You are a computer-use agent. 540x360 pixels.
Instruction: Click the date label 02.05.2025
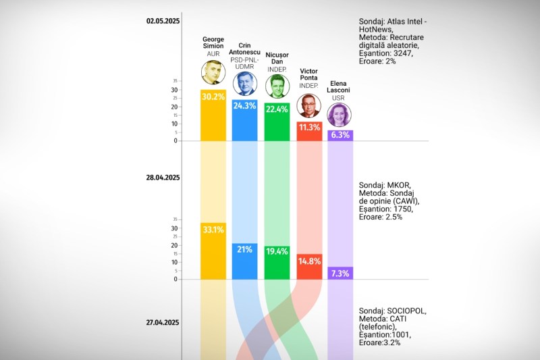(163, 21)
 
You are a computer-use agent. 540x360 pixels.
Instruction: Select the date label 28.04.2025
(163, 178)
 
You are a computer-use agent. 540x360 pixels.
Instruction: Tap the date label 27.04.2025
(163, 322)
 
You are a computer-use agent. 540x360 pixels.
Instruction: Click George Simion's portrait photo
(213, 72)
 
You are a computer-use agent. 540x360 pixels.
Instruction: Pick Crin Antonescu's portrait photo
(244, 84)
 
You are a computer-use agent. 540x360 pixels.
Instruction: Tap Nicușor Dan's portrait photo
(276, 86)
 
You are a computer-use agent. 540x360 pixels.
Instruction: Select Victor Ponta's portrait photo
(308, 105)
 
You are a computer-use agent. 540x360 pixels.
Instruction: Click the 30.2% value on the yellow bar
(213, 97)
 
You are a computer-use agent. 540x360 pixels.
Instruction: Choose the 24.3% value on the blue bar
(244, 106)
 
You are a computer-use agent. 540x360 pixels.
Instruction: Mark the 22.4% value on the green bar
(277, 110)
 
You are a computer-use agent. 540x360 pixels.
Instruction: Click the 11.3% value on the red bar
(309, 128)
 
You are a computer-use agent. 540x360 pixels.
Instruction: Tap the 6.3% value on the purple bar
(340, 135)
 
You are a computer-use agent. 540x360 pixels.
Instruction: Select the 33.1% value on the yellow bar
(213, 230)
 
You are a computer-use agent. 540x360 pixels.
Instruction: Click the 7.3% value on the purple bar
(340, 273)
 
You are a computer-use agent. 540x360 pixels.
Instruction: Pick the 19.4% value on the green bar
(277, 251)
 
